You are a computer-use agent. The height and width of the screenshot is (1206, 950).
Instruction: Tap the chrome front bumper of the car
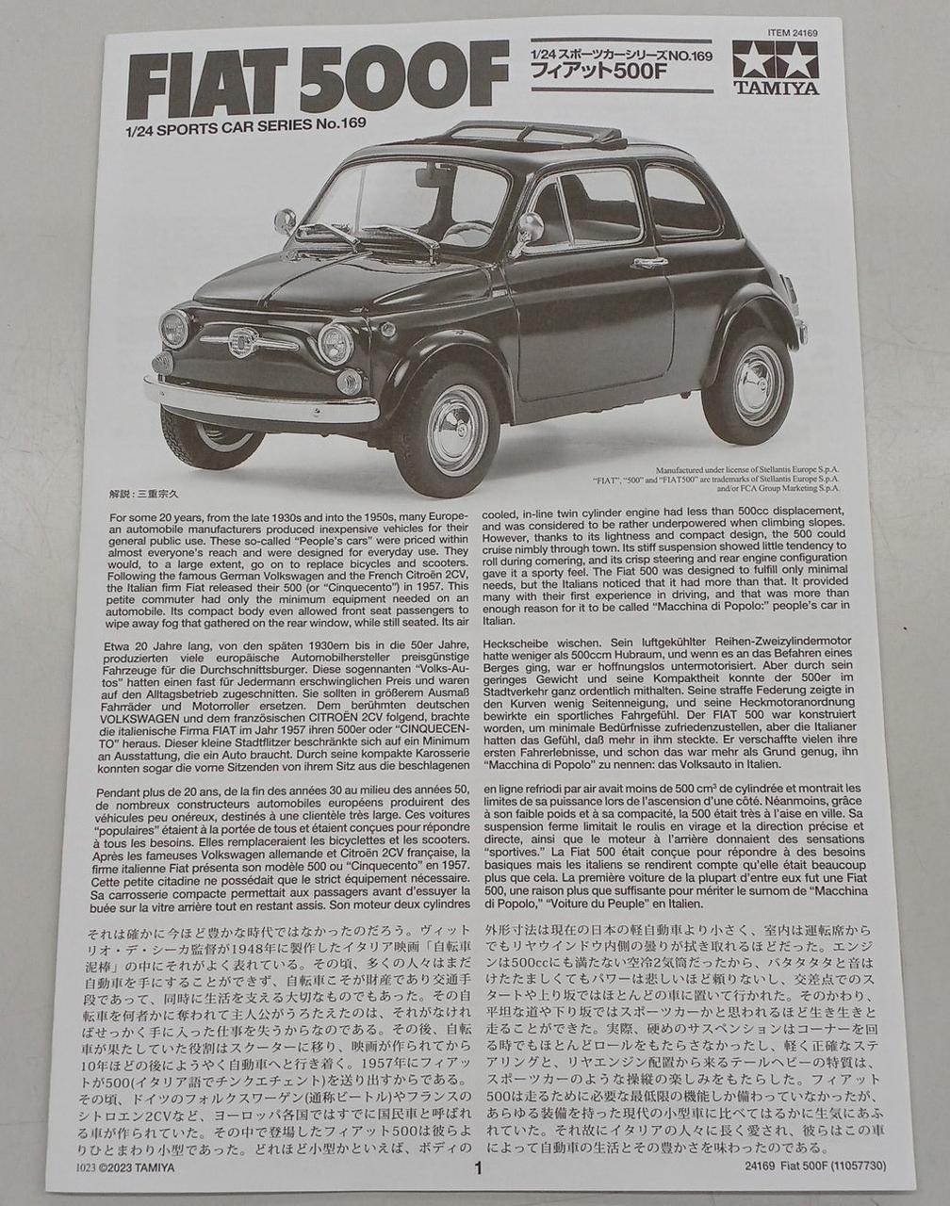259,399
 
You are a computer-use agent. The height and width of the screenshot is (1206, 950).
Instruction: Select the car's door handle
649,262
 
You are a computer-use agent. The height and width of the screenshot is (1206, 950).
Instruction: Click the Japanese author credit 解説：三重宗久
151,493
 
